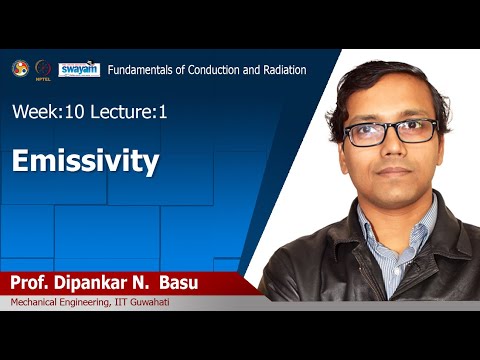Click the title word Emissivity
(x=86, y=161)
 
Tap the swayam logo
(x=79, y=69)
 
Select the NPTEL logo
(x=43, y=69)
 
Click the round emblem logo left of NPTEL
(x=19, y=68)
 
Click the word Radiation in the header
(x=279, y=70)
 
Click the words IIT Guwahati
(x=139, y=303)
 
